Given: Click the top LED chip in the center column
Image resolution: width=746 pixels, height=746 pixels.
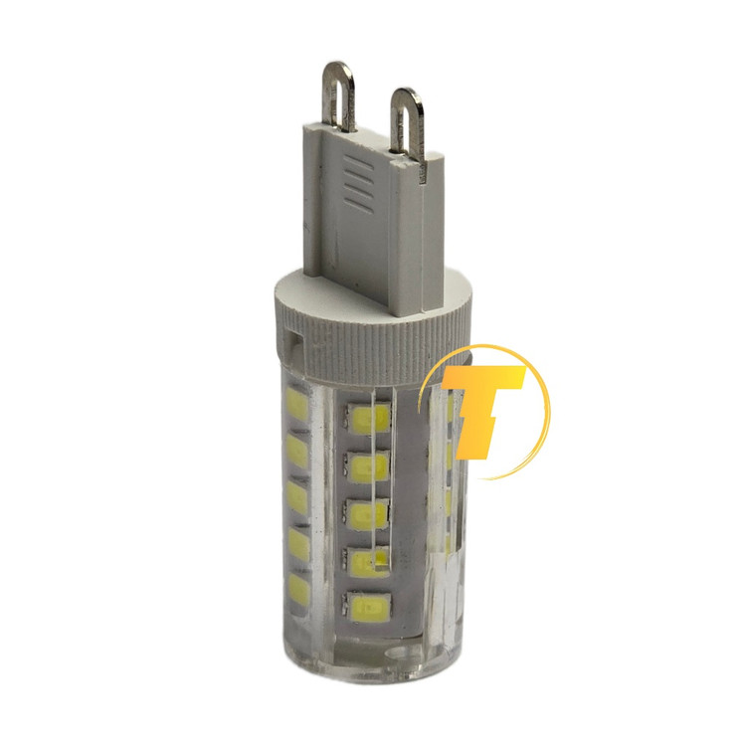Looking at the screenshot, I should point(368,417).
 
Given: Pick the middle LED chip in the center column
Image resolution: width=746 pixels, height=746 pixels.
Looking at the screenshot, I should point(368,514).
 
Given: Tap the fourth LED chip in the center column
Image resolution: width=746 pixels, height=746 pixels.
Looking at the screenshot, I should point(368,562).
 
